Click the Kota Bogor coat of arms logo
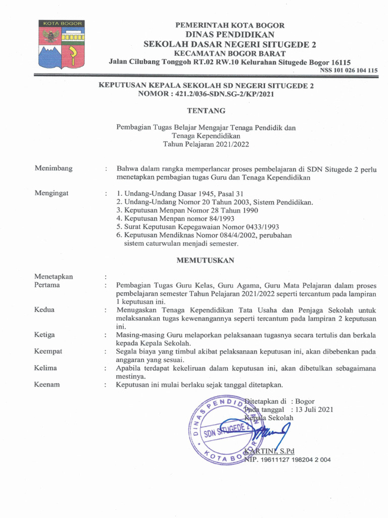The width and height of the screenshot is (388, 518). (62, 45)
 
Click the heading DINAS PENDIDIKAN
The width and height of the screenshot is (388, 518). (230, 34)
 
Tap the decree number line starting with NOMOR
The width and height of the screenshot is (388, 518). (206, 94)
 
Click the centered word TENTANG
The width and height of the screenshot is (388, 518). (206, 110)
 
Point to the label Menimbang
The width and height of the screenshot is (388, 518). (53, 168)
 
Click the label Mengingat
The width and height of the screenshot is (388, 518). (53, 193)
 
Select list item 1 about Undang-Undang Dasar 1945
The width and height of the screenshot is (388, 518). (180, 193)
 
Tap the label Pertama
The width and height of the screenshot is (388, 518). (47, 285)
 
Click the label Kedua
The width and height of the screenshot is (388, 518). (44, 310)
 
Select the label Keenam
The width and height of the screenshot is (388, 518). (47, 384)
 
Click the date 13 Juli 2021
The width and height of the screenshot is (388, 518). (314, 409)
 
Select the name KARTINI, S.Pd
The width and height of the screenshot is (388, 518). (269, 451)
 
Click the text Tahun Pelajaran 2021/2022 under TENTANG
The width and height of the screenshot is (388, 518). (206, 144)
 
